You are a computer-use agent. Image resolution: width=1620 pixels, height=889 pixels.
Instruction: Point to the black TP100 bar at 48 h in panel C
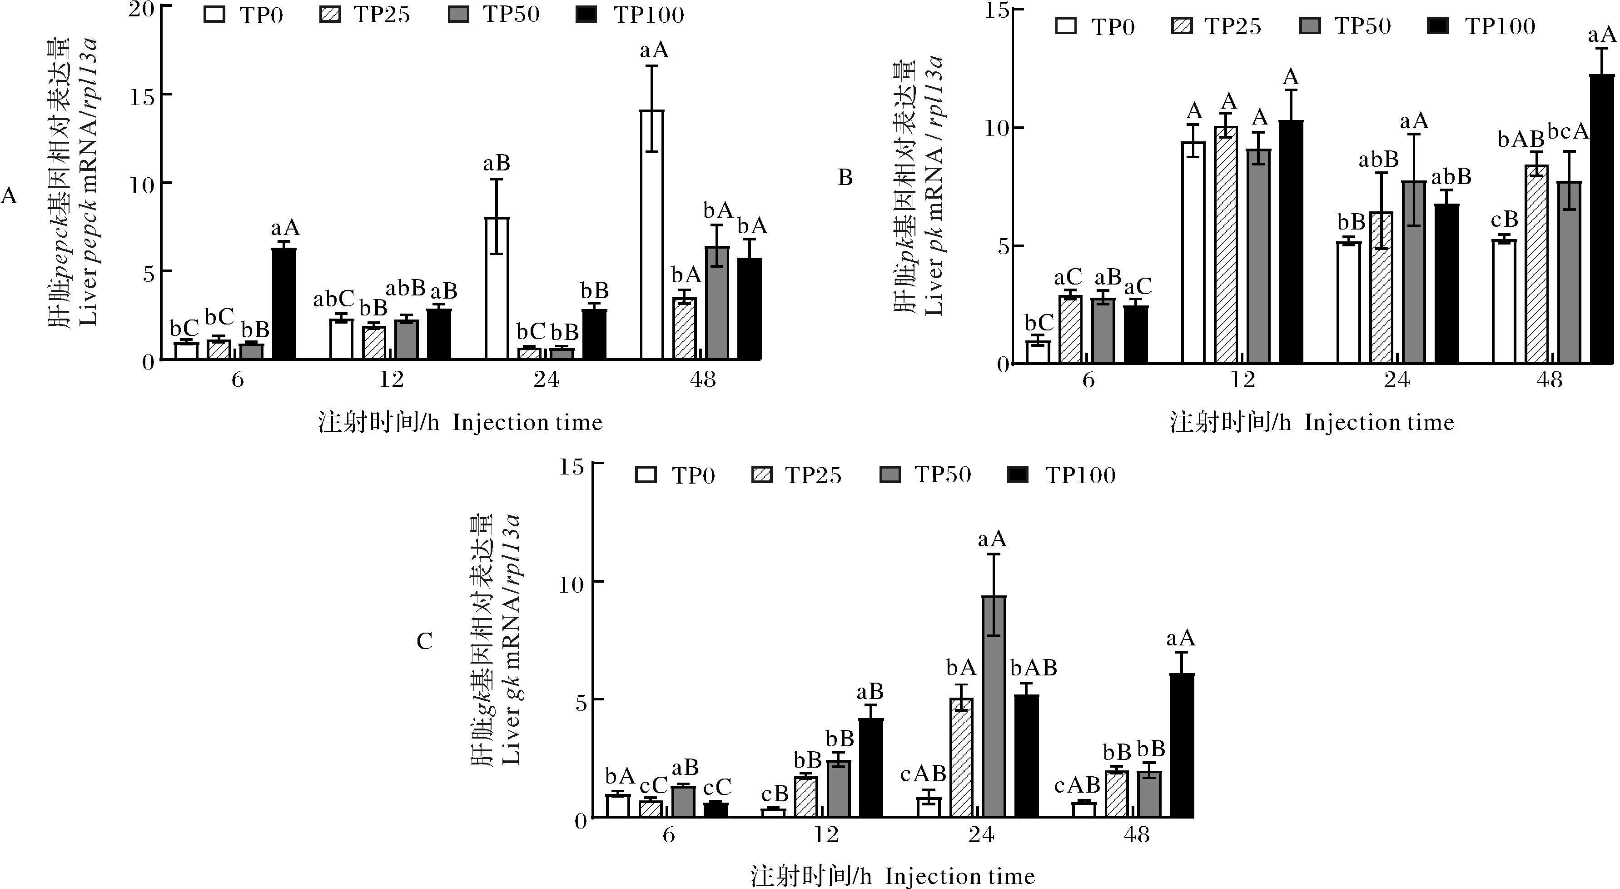coord(1182,745)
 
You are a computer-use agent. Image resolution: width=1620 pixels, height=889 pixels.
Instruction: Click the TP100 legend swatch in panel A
coord(586,15)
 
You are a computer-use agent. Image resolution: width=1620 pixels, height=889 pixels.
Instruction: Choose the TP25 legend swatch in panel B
coord(1183,26)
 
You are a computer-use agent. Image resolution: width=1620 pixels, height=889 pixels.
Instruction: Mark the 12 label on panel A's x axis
coord(391,380)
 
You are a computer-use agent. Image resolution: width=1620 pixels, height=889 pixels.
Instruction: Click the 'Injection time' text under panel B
coord(1379,422)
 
